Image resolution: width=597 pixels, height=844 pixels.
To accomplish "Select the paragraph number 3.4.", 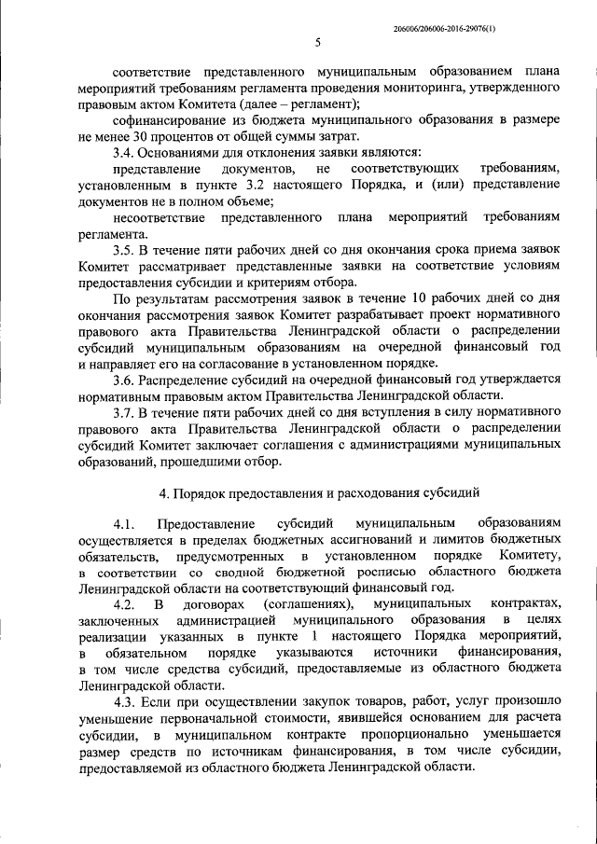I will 125,151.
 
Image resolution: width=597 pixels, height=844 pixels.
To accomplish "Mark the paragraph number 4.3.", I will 125,701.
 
